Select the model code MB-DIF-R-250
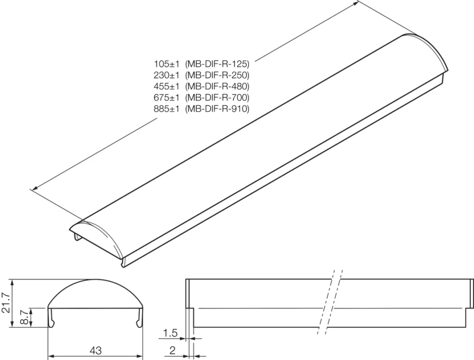tap(217, 75)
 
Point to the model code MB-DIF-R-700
tap(217, 98)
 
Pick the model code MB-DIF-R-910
tap(217, 109)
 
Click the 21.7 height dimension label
tap(6, 303)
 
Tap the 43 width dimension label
tap(96, 350)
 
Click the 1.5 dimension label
tap(170, 333)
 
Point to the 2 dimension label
tap(172, 350)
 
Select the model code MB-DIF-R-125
tap(217, 63)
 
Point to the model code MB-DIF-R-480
tap(217, 86)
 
